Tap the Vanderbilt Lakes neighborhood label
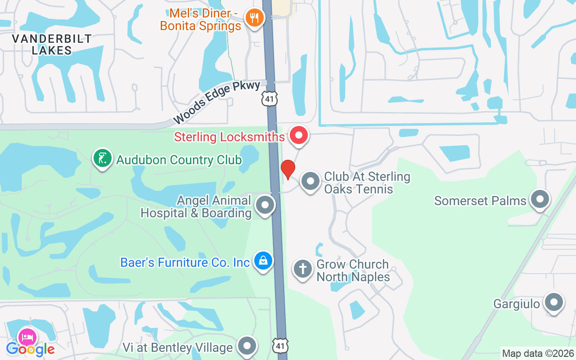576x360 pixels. pyautogui.click(x=52, y=45)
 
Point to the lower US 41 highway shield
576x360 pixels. pyautogui.click(x=280, y=346)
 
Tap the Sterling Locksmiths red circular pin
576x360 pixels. pyautogui.click(x=298, y=135)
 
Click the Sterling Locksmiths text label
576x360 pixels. pyautogui.click(x=229, y=137)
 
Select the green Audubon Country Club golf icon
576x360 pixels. pyautogui.click(x=103, y=158)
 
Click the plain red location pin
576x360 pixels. pyautogui.click(x=288, y=169)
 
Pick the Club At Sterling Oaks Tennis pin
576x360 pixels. pyautogui.click(x=310, y=181)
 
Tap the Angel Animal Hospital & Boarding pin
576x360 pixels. pyautogui.click(x=265, y=205)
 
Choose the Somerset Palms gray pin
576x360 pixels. pyautogui.click(x=540, y=198)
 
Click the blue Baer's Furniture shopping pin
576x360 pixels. pyautogui.click(x=263, y=260)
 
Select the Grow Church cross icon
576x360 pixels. pyautogui.click(x=303, y=269)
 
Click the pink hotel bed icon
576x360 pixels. pyautogui.click(x=27, y=337)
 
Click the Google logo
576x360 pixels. pyautogui.click(x=30, y=349)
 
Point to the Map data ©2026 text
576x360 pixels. pyautogui.click(x=538, y=353)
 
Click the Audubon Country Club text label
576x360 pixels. pyautogui.click(x=179, y=160)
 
